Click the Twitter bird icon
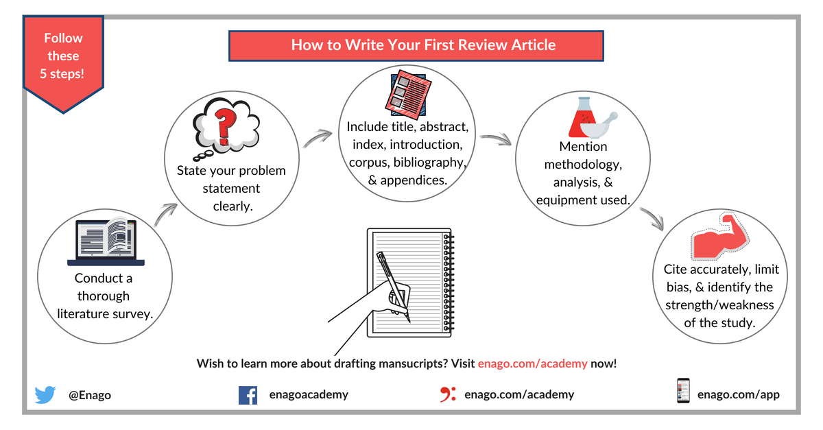coord(45,395)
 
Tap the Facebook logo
coord(248,395)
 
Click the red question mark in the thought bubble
coord(225,127)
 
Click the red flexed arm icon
coord(720,236)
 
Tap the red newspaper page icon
coord(408,95)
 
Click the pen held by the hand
coord(393,287)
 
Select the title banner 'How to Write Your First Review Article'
coord(416,45)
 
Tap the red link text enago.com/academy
coord(532,363)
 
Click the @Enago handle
coord(90,395)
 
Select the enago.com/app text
coord(739,394)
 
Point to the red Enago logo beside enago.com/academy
coord(448,394)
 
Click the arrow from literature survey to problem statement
coord(165,215)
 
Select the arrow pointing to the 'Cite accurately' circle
coord(652,218)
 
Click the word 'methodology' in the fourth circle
coord(583,165)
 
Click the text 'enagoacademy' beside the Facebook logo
coord(309,394)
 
